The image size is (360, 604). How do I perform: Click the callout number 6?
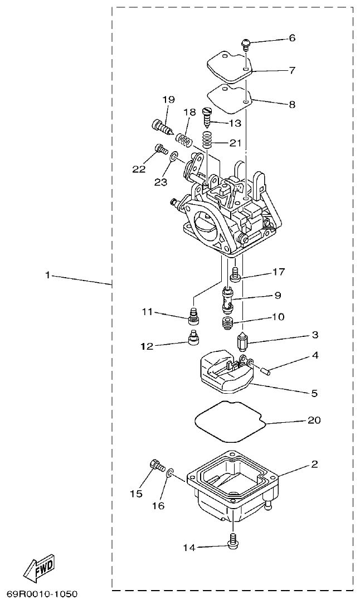pos(292,38)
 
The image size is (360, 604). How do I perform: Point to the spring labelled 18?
pos(183,138)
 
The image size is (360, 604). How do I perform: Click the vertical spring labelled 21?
pos(207,139)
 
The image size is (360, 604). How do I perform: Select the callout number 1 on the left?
pos(48,275)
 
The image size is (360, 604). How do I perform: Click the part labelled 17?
pos(236,274)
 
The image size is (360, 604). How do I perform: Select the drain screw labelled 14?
pos(233,539)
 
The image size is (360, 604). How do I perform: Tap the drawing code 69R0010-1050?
pos(42,595)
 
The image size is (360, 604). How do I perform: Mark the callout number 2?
pos(314,464)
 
